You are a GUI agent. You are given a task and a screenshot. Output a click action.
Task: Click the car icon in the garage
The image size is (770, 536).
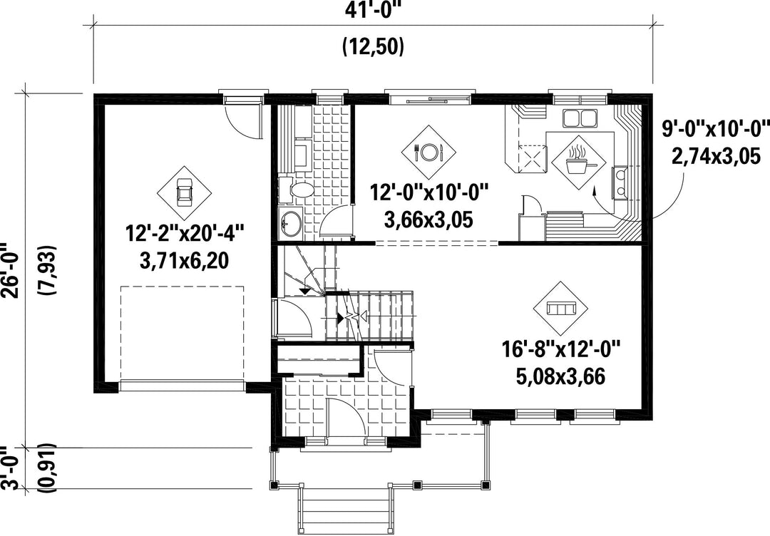[x=185, y=193]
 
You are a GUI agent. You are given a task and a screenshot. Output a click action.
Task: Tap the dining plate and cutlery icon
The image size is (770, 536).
[x=428, y=152]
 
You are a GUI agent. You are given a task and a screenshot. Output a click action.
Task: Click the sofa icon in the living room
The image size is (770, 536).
[x=561, y=308]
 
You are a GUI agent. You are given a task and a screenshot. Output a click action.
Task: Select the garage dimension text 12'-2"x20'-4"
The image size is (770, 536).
[x=185, y=232]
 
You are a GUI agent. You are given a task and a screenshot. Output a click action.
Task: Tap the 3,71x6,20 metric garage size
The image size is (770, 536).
[x=185, y=261]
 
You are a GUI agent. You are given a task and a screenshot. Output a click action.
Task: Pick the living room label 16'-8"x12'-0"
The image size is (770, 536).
[x=561, y=350]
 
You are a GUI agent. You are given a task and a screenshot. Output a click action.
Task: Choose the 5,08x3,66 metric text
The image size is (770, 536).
[x=561, y=377]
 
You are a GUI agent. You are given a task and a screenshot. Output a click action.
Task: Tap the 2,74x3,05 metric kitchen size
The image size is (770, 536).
[x=715, y=157]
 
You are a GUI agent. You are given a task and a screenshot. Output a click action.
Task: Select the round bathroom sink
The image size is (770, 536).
[x=290, y=223]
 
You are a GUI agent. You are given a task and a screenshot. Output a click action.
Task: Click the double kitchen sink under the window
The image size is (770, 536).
[x=579, y=118]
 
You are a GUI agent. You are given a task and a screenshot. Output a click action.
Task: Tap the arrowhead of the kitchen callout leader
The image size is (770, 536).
[x=594, y=190]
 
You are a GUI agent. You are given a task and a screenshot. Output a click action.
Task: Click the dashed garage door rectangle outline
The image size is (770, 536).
[x=183, y=287]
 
